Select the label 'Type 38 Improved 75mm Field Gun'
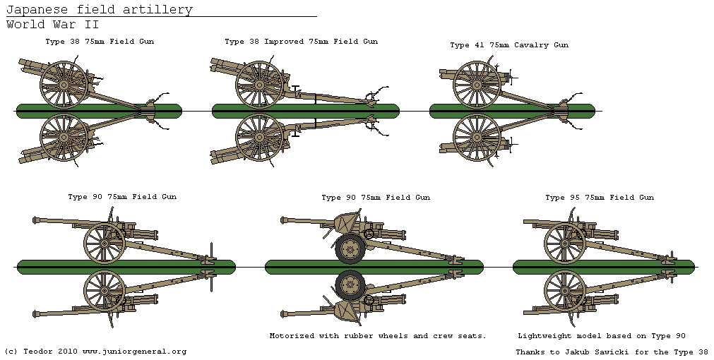click(301, 42)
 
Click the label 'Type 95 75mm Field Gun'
click(600, 198)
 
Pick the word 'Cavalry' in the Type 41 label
click(528, 45)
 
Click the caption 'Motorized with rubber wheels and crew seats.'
click(378, 336)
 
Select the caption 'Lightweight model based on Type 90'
click(602, 336)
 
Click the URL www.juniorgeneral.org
click(134, 351)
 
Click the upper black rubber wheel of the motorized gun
click(349, 248)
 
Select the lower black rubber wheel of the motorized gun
click(349, 284)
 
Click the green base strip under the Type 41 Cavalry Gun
click(511, 111)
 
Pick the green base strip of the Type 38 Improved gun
click(305, 111)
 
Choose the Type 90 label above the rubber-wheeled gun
click(376, 198)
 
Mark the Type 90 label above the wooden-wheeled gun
click(122, 197)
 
